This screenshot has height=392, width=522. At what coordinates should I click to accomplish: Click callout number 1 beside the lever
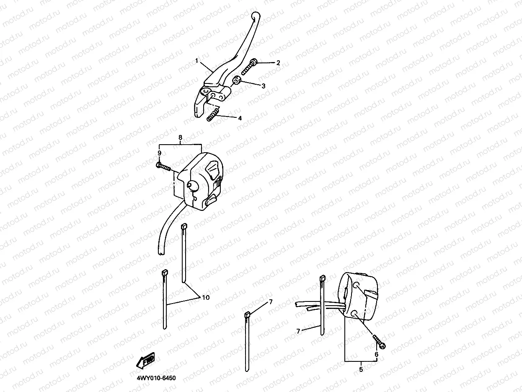(x=196, y=61)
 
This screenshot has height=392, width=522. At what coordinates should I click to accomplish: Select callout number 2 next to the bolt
(x=278, y=63)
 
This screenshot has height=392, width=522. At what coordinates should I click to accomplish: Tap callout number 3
(x=263, y=86)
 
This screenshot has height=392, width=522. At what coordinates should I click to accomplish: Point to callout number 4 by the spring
(x=240, y=118)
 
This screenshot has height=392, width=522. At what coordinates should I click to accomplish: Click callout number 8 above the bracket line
(x=180, y=138)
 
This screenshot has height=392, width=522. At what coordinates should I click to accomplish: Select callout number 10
(x=205, y=298)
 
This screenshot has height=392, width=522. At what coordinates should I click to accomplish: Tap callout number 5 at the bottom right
(x=361, y=369)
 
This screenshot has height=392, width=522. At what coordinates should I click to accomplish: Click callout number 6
(x=376, y=354)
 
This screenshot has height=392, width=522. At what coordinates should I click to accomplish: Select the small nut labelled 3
(x=237, y=80)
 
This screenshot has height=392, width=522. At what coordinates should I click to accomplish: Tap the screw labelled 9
(x=164, y=167)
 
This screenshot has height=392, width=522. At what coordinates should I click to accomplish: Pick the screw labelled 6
(x=379, y=341)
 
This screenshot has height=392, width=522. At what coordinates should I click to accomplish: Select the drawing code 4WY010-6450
(x=156, y=378)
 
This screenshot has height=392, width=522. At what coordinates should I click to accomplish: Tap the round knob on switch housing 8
(x=193, y=185)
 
